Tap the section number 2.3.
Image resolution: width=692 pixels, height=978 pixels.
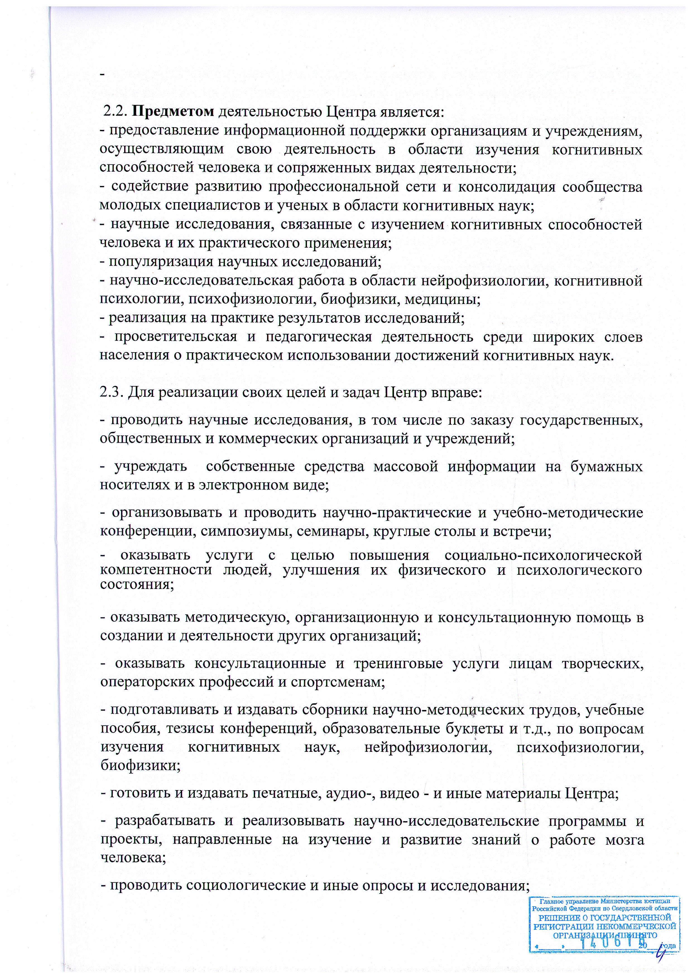pos(112,392)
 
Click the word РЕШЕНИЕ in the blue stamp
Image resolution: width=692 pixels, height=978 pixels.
pos(559,918)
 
